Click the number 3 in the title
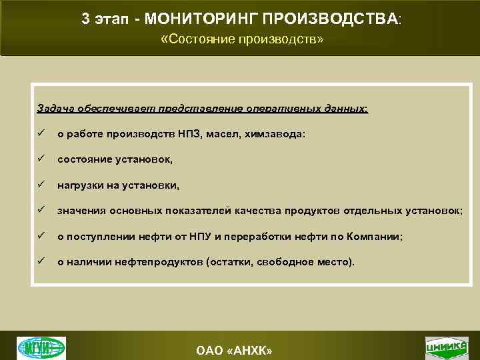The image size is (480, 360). tap(85, 19)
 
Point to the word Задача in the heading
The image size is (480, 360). tap(55, 109)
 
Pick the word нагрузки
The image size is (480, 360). tap(81, 185)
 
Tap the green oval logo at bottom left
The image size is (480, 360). tap(41, 347)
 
